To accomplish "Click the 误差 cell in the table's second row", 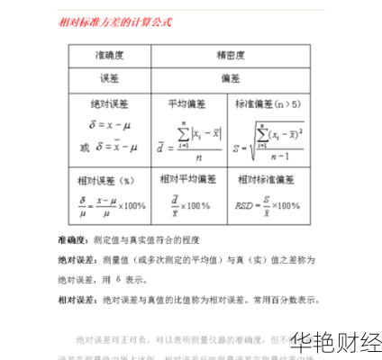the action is click(x=109, y=77).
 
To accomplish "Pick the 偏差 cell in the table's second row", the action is click(x=235, y=77).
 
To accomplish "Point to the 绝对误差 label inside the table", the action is click(x=109, y=104).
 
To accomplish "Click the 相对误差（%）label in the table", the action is click(x=109, y=179).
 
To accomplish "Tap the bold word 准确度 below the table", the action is click(x=73, y=240).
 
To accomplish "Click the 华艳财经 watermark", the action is click(x=333, y=342).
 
